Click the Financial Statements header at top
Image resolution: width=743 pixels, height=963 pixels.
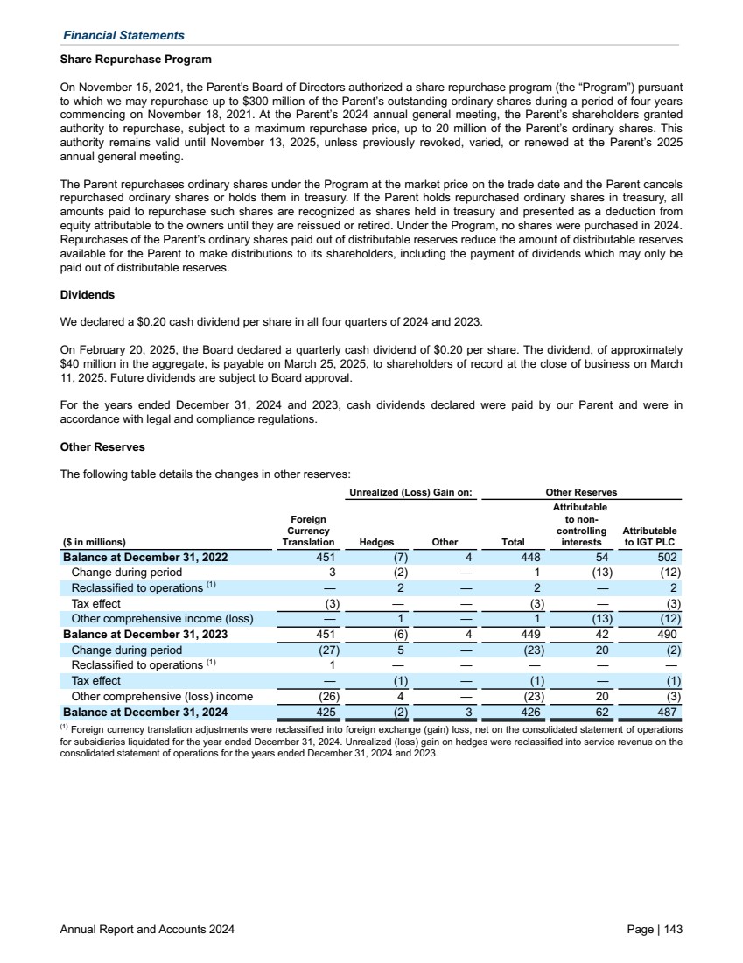[123, 36]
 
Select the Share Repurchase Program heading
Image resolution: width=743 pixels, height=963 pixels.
[136, 60]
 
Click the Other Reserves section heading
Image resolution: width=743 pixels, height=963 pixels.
[102, 446]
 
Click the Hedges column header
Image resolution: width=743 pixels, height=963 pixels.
[377, 542]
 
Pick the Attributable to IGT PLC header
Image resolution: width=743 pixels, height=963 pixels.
[649, 536]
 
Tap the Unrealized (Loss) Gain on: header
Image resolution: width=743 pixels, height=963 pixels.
[411, 493]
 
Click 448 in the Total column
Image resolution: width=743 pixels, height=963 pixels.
[529, 558]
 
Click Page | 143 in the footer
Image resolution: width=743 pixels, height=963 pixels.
[655, 928]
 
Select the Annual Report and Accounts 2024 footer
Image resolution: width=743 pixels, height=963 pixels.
[147, 928]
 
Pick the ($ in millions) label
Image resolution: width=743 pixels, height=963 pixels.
[94, 542]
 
